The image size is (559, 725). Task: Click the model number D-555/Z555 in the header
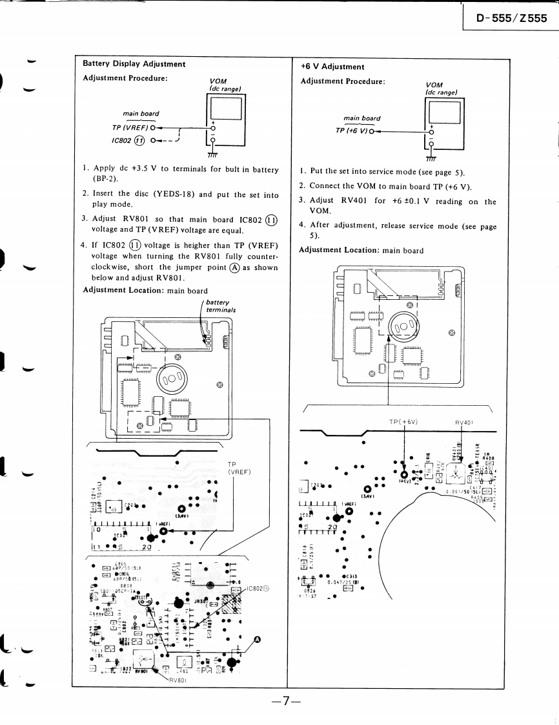pyautogui.click(x=511, y=18)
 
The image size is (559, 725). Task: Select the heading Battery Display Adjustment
pyautogui.click(x=134, y=64)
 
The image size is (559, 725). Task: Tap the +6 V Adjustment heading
pyautogui.click(x=332, y=67)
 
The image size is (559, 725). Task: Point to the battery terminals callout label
pyautogui.click(x=221, y=306)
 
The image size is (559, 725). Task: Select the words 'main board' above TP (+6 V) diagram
pyautogui.click(x=361, y=118)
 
